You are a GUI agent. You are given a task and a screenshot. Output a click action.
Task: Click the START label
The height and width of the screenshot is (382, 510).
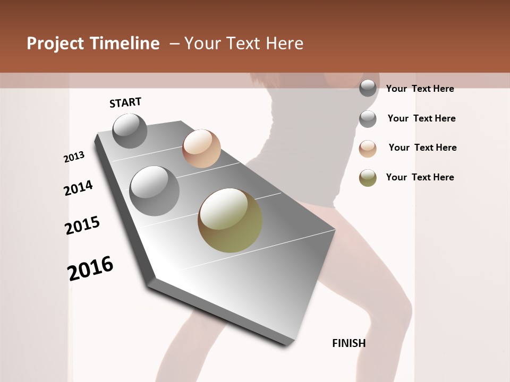[x=125, y=102]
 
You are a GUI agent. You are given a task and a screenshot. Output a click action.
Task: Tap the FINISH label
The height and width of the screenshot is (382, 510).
[x=349, y=343]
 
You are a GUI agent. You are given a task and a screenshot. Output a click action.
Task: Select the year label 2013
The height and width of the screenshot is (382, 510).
[x=74, y=157]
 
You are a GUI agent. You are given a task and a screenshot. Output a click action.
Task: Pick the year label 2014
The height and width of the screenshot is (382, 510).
[x=78, y=188]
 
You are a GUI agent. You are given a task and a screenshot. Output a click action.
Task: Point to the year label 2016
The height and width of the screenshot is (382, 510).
[x=90, y=268]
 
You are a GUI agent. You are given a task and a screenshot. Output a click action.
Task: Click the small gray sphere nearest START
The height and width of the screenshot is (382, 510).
[x=130, y=131]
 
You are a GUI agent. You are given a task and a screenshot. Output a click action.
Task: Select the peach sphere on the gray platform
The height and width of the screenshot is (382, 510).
[x=201, y=149]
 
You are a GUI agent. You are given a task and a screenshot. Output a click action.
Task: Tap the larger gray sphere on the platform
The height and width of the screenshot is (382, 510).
[x=155, y=191]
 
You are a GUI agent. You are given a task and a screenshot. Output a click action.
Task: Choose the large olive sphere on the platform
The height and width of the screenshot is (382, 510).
[x=230, y=220]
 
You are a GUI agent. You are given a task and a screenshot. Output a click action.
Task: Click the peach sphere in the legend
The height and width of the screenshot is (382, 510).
[x=368, y=149]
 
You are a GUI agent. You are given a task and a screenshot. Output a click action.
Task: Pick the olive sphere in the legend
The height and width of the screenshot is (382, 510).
[x=368, y=178]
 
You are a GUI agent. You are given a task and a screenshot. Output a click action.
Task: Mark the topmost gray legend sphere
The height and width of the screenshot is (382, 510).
[x=368, y=88]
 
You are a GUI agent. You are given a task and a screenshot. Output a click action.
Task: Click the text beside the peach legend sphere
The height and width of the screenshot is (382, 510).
[x=422, y=147]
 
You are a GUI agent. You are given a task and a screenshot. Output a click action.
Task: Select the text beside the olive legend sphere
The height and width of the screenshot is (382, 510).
[x=420, y=177]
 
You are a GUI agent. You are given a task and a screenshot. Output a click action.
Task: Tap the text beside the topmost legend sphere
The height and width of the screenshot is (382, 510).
[x=420, y=89]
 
